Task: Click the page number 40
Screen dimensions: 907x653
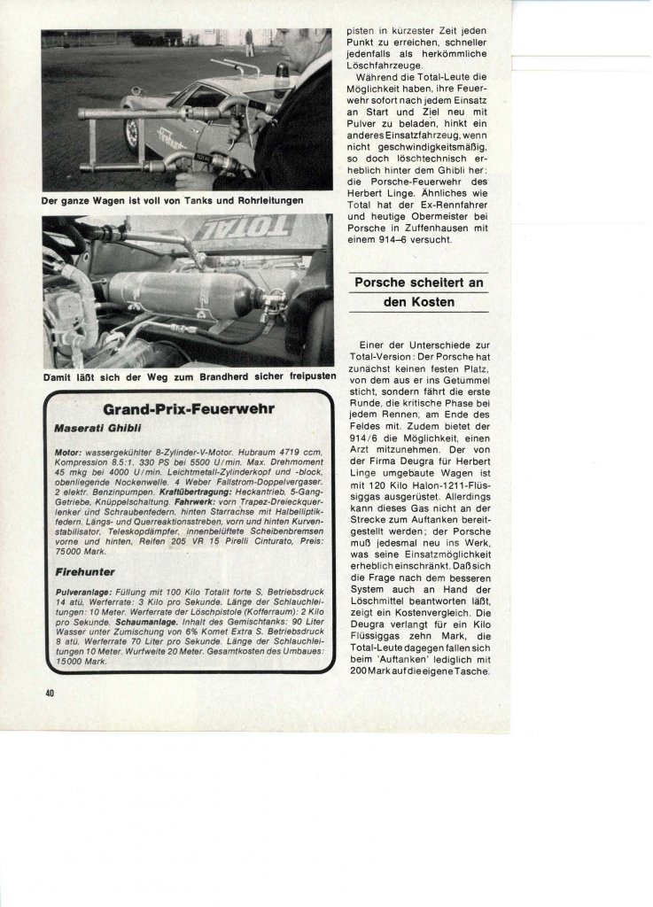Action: pos(51,693)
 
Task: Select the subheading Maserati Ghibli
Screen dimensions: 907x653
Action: pos(95,428)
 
